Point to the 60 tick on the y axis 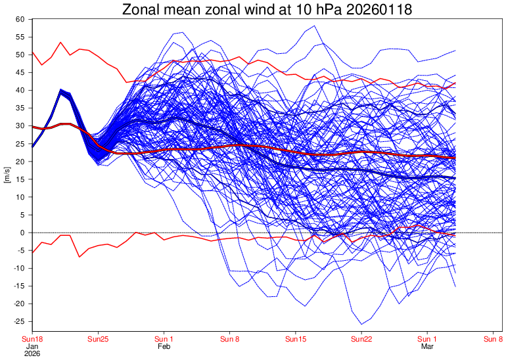(x=20, y=19)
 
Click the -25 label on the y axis (x=18, y=321)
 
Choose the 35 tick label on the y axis (x=20, y=108)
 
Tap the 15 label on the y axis (x=20, y=179)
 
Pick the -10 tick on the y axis (x=18, y=268)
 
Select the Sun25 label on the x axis (x=98, y=339)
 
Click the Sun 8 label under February (x=229, y=339)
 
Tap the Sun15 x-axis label (x=296, y=339)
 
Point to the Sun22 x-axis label (x=361, y=339)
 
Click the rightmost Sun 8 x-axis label (x=493, y=339)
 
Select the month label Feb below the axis (x=164, y=346)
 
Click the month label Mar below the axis (x=427, y=346)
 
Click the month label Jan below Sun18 (x=32, y=346)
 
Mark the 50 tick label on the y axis (x=20, y=55)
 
